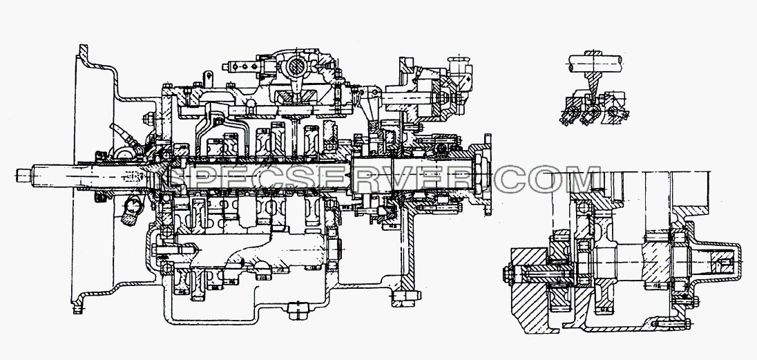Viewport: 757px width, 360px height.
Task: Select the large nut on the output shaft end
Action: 480,174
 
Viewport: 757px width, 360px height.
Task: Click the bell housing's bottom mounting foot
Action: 78,306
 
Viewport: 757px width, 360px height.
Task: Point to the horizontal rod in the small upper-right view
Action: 594,61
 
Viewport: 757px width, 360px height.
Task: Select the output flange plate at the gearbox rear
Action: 486,174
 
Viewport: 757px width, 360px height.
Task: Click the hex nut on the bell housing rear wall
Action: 148,117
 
